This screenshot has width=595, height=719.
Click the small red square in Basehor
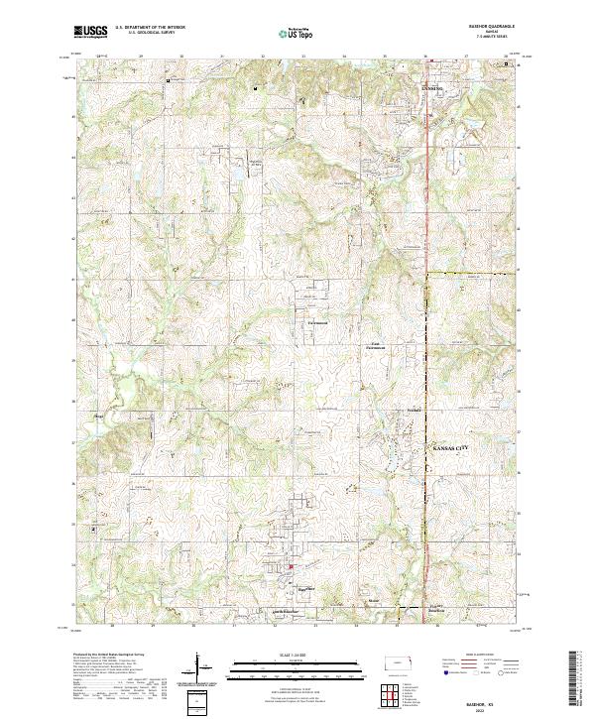tap(291, 566)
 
